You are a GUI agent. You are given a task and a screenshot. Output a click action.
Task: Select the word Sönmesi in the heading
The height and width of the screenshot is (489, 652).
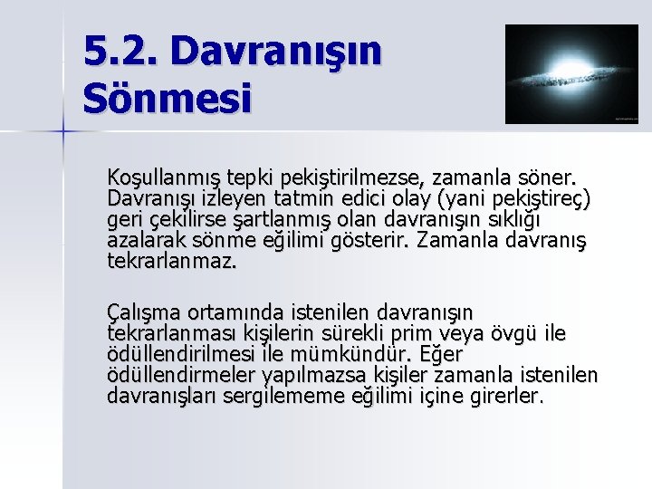pyautogui.click(x=167, y=97)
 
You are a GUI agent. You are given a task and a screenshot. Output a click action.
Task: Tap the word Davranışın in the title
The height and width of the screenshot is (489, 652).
pyautogui.click(x=276, y=52)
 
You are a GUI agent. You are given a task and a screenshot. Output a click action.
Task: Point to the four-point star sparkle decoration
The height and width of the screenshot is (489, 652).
pyautogui.click(x=63, y=132)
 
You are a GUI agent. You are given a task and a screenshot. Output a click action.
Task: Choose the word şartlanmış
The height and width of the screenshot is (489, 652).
pyautogui.click(x=275, y=220)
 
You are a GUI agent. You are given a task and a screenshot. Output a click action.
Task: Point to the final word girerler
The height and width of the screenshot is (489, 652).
pyautogui.click(x=510, y=397)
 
